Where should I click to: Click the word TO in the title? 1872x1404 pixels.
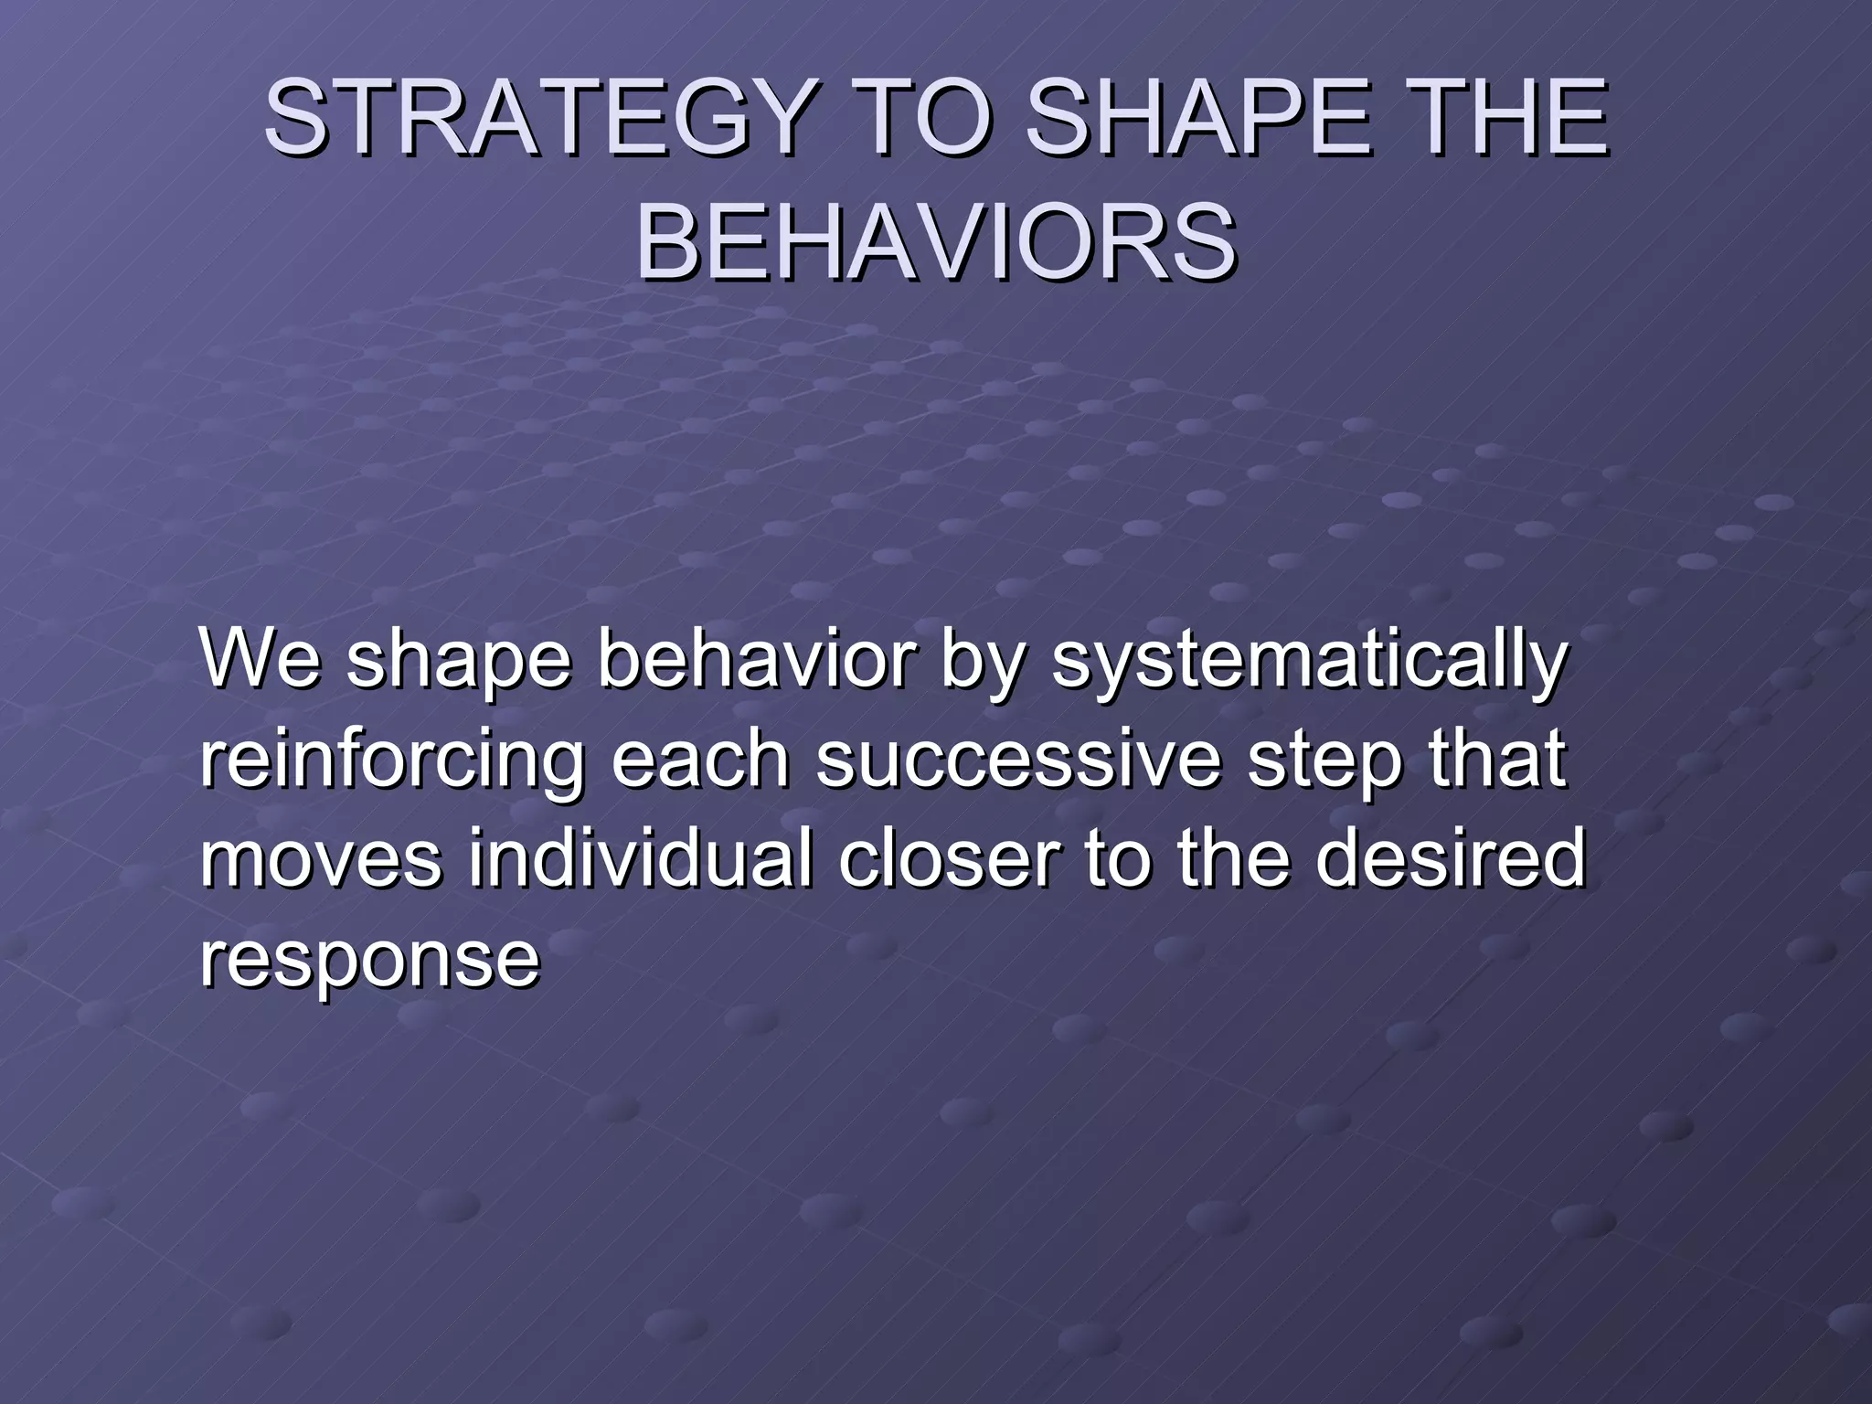[926, 120]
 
